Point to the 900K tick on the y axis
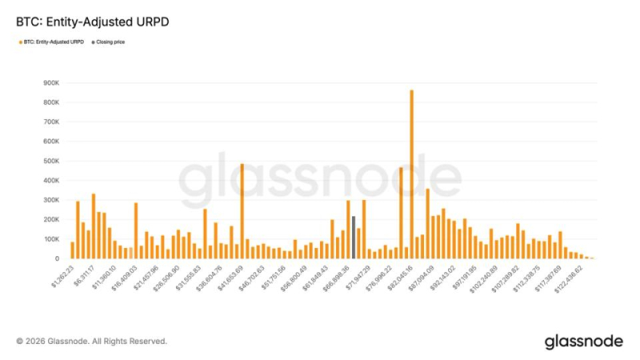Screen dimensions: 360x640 pyautogui.click(x=52, y=82)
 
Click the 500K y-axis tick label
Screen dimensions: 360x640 pyautogui.click(x=52, y=161)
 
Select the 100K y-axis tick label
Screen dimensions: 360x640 pyautogui.click(x=52, y=239)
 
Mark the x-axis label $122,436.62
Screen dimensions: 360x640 pyautogui.click(x=567, y=277)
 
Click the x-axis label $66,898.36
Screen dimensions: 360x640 pyautogui.click(x=335, y=277)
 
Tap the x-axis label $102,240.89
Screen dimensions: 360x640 pyautogui.click(x=483, y=277)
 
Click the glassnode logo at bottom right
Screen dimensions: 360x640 pyautogui.click(x=583, y=342)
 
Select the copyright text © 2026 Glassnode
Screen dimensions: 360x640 pyautogui.click(x=91, y=342)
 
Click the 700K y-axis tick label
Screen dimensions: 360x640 pyautogui.click(x=52, y=122)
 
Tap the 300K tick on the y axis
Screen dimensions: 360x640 pyautogui.click(x=52, y=200)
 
